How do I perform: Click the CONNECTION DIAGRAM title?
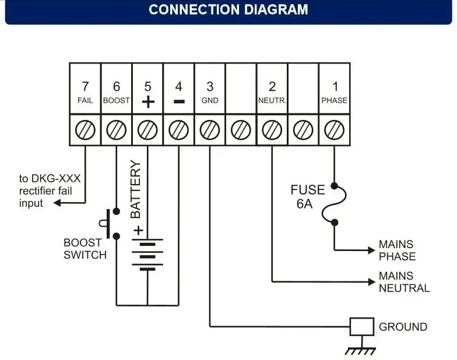point(228,10)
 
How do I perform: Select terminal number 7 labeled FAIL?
point(85,87)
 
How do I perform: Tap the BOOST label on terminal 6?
point(117,101)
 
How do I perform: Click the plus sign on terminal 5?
point(148,101)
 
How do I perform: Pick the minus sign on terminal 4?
point(179,101)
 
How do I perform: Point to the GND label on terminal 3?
point(210,101)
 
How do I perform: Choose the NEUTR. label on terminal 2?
point(272,101)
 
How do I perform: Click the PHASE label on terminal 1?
point(335,101)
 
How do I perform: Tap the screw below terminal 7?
point(85,129)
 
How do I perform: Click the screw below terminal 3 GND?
point(210,129)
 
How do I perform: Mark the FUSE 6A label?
point(308,196)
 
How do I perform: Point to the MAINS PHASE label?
point(397,250)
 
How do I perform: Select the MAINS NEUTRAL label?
point(404,282)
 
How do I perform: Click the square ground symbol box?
point(361,327)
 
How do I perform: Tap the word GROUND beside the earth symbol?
point(403,327)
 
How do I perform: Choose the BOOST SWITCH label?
point(85,249)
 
